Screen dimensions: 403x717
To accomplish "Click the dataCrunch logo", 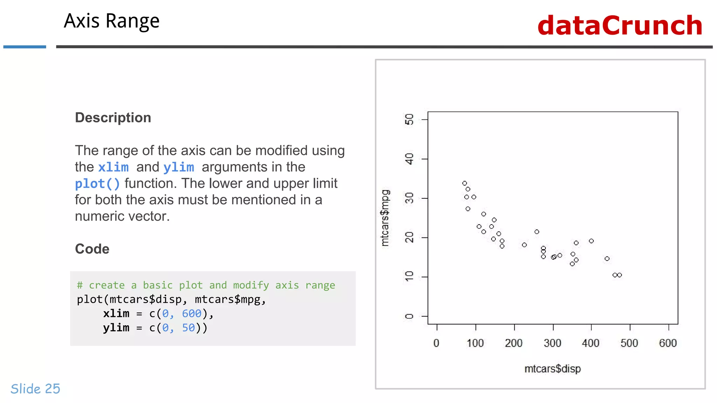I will (x=620, y=26).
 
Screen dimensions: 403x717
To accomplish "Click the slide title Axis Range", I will (x=111, y=21).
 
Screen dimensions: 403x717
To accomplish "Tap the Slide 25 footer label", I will (x=35, y=389).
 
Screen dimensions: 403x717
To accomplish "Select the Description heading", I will (x=113, y=118).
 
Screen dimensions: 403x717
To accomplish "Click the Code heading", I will (x=92, y=249).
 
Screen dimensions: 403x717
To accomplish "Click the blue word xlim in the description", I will (x=113, y=167).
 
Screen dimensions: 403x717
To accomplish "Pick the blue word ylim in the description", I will (x=179, y=167).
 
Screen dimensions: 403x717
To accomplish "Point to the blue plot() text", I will (x=97, y=184).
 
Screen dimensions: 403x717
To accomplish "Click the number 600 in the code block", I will (x=192, y=313).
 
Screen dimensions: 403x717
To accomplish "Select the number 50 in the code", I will (x=188, y=328).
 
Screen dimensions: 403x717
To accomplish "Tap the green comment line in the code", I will (x=206, y=285).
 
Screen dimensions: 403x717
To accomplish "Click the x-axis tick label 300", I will (x=552, y=343).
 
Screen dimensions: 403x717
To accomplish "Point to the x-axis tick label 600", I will (x=668, y=343).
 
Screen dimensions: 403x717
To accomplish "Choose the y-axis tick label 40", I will (x=409, y=159).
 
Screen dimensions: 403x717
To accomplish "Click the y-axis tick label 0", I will (x=409, y=316).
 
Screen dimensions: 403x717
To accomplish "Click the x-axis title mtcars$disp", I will (x=552, y=369).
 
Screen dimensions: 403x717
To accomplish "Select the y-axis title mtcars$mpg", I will (x=385, y=218).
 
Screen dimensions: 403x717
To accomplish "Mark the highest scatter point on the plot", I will (x=465, y=183).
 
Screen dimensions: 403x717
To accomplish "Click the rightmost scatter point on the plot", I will (x=620, y=275).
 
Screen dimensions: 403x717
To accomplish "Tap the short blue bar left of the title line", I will (x=25, y=47).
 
